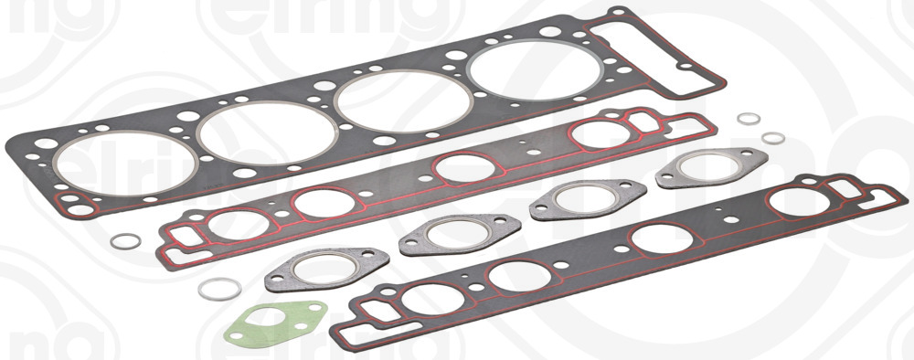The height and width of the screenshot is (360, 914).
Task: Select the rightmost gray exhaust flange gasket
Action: (x=708, y=166)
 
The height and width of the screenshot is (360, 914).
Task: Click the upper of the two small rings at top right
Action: (x=749, y=122)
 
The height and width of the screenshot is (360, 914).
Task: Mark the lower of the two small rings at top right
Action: (x=773, y=138)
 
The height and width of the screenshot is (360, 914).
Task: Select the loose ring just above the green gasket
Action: (x=219, y=289)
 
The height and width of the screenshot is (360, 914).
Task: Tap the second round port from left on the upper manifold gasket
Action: (x=322, y=204)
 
